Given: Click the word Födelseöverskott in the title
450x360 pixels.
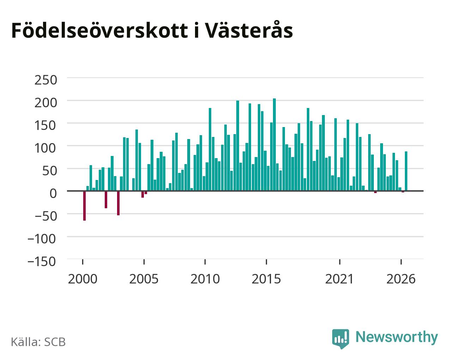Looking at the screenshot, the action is (100, 31).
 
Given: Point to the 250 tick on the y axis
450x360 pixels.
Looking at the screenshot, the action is (46, 80).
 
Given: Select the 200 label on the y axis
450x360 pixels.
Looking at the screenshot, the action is (46, 103).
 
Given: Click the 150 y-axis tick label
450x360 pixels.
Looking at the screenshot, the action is (46, 126).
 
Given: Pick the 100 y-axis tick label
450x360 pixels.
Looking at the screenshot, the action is (46, 148).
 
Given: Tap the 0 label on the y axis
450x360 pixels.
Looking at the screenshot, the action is (53, 193).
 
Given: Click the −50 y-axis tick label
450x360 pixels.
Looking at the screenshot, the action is (46, 216).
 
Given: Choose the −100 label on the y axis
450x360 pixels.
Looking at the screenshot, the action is (42, 239).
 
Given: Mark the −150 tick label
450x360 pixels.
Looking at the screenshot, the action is (42, 262).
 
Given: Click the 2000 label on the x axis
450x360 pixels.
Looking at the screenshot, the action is (83, 279).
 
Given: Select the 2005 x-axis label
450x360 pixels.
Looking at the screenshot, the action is (144, 279).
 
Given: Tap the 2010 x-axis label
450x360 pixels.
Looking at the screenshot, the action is (205, 279).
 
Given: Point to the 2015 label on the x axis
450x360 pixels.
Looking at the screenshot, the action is (266, 279).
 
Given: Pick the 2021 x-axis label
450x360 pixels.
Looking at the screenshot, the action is (339, 279).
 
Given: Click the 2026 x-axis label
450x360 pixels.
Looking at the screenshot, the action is (401, 279).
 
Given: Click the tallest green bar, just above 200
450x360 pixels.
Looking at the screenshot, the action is (274, 145).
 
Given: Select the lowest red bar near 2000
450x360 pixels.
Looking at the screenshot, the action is (85, 206).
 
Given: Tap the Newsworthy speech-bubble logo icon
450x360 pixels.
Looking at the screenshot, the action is (341, 338).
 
